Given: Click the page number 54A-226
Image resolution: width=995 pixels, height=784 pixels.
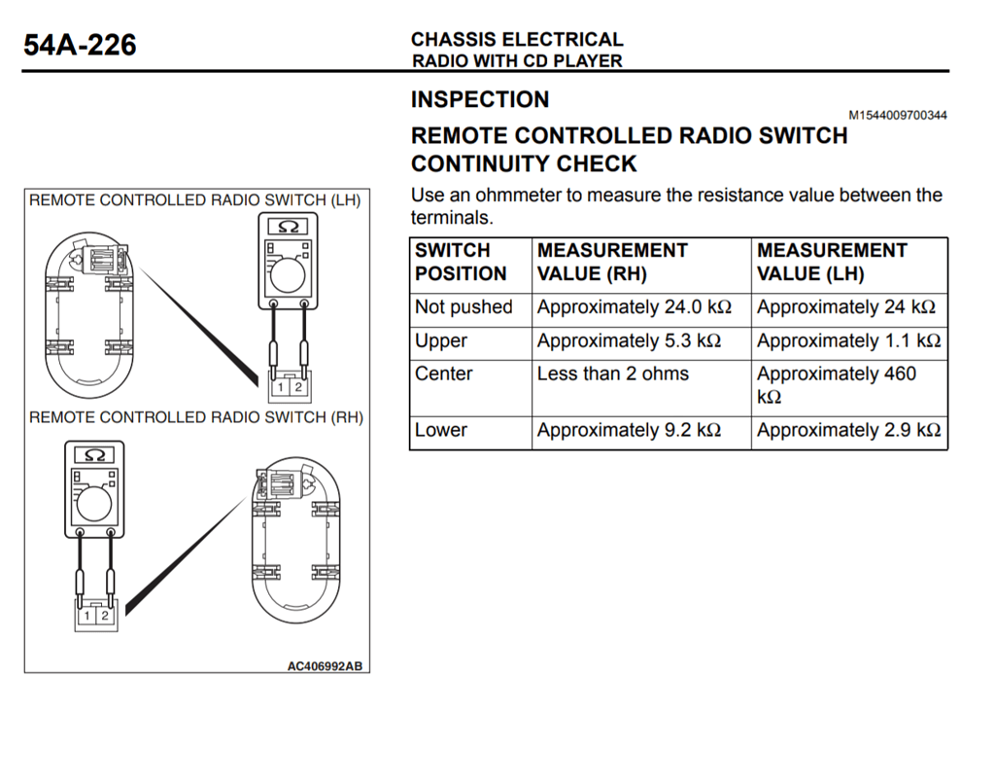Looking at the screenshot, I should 80,45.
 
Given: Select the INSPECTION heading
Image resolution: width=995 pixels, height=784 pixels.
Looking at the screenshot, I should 480,100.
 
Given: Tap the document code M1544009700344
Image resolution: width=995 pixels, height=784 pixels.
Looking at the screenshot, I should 898,116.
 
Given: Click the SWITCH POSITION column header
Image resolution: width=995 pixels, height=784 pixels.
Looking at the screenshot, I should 461,263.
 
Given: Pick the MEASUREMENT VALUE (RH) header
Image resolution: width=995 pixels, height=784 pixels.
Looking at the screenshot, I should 612,263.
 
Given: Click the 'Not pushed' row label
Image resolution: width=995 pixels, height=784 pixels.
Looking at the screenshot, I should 463,307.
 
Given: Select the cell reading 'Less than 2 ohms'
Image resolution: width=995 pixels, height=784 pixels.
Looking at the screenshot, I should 612,374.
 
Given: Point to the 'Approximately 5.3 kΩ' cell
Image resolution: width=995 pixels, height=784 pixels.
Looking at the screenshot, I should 629,341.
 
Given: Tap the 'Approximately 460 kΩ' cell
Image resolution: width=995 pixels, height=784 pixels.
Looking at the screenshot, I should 836,384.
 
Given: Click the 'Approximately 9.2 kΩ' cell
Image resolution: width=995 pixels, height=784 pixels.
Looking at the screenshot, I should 629,431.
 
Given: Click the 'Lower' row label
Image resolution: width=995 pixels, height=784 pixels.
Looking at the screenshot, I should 441,431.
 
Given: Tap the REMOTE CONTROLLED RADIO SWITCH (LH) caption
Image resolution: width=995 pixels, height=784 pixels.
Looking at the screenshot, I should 194,201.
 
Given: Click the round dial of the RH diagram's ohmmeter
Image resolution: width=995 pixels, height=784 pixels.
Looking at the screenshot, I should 94,503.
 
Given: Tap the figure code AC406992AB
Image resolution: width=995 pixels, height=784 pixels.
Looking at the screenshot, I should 325,666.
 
